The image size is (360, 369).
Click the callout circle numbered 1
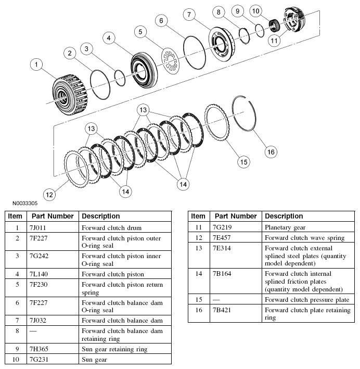(35, 65)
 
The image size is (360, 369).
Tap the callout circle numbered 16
(269, 151)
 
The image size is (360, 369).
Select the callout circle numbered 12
(48, 195)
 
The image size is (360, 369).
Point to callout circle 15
(243, 161)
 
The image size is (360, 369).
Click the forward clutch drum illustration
(69, 91)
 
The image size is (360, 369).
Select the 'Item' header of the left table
(15, 216)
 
